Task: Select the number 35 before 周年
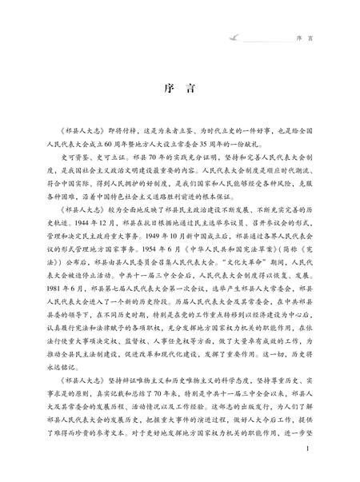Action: click(x=241, y=137)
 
